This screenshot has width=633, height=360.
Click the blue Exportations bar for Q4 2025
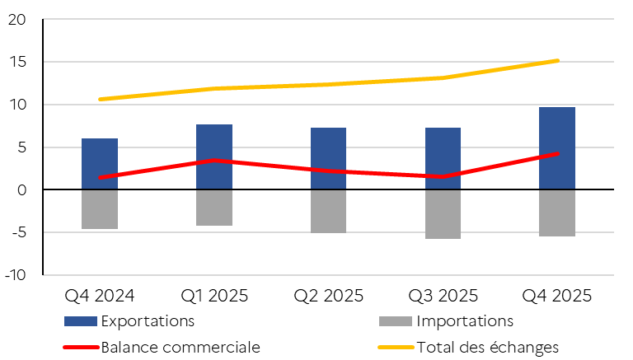tap(557, 148)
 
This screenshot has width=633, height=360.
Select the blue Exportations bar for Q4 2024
tap(100, 164)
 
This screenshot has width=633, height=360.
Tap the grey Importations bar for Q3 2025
tap(443, 214)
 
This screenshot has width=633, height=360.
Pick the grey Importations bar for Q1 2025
tap(214, 208)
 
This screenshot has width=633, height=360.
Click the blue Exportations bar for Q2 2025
tap(328, 158)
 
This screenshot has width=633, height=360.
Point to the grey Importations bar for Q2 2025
tap(328, 212)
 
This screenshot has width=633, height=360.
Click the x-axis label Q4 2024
tap(99, 294)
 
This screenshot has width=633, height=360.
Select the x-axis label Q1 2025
tap(213, 294)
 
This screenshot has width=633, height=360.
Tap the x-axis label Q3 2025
tap(443, 294)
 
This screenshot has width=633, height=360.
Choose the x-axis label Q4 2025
tap(557, 294)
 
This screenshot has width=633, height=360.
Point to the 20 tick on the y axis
tap(17, 20)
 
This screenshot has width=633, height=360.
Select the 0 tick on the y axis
tap(22, 190)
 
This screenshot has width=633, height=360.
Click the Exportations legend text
tap(148, 320)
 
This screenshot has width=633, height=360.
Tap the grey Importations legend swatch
tap(396, 320)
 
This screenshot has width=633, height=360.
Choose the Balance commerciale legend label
tap(181, 347)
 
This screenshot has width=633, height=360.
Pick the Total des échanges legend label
tap(488, 347)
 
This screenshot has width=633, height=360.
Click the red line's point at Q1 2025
tap(214, 161)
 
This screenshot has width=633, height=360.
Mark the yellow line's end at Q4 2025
tap(557, 60)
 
